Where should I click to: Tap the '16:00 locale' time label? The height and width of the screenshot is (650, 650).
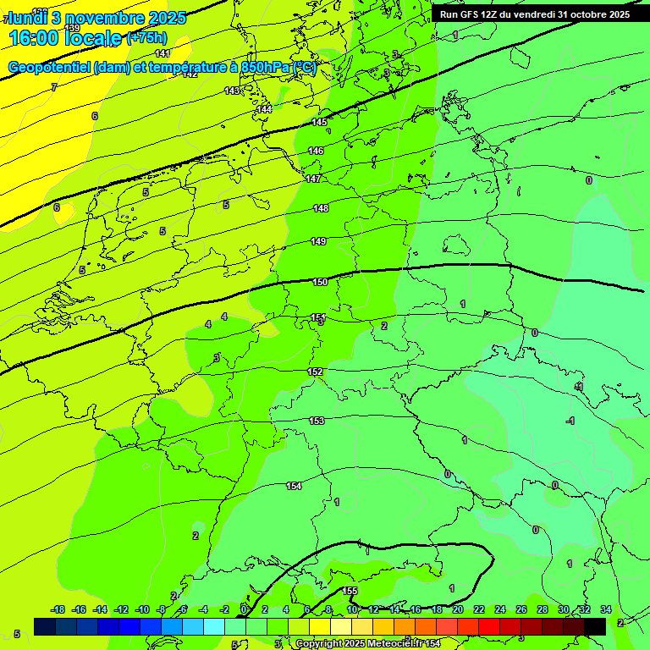click(65, 38)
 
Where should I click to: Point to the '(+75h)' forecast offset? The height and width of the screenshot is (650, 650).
click(146, 38)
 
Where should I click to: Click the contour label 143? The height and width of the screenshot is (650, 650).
click(232, 91)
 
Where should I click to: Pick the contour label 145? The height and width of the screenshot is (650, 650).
click(319, 123)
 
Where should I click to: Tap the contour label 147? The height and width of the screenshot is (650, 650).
click(313, 179)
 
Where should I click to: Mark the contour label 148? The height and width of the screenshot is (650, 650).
click(321, 208)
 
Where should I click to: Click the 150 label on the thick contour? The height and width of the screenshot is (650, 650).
click(320, 282)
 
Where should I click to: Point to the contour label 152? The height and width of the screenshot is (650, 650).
click(315, 372)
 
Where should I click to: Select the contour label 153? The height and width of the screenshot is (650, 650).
click(317, 421)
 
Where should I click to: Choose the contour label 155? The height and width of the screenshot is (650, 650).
click(350, 591)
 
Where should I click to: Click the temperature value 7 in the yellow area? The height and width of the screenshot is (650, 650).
click(53, 87)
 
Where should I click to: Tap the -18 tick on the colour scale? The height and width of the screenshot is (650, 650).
click(58, 609)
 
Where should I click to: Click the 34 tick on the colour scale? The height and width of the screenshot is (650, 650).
click(605, 609)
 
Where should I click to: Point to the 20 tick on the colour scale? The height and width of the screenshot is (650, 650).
click(457, 609)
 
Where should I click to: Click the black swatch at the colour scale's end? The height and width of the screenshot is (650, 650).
click(595, 626)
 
